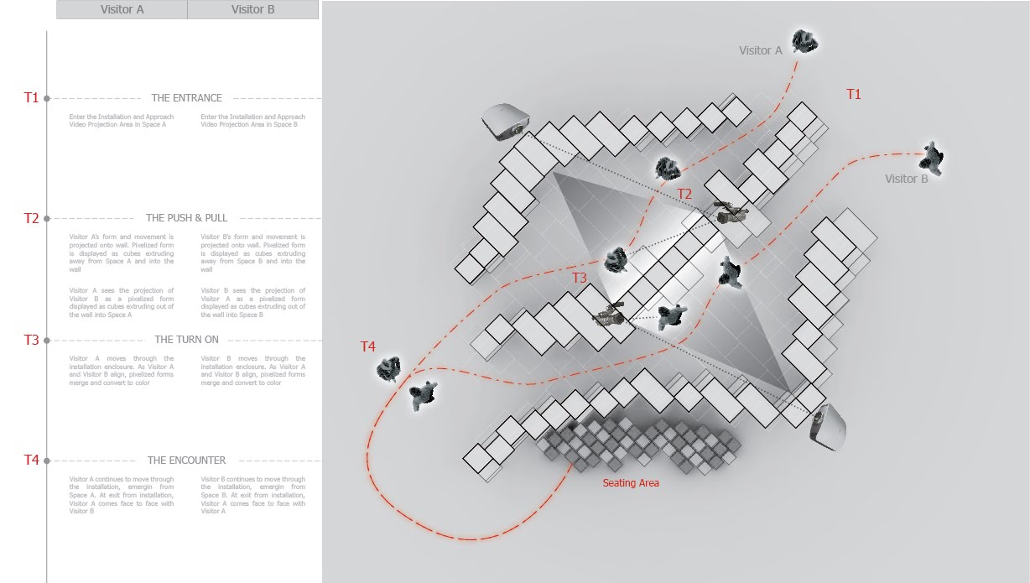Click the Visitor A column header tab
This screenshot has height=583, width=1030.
(122, 10)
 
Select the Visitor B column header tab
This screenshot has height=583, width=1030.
(252, 10)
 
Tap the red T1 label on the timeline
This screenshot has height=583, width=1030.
(31, 97)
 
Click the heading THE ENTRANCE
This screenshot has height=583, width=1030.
(186, 98)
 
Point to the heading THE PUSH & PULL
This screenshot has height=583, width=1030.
(186, 218)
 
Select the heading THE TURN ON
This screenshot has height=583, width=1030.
(186, 340)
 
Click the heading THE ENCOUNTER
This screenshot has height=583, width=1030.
(186, 461)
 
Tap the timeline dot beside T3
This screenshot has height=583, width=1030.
(47, 340)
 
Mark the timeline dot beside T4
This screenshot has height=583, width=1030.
(47, 461)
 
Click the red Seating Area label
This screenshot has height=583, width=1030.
(631, 483)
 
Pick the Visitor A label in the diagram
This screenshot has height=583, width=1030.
(760, 50)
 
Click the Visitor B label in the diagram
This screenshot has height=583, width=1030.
(906, 179)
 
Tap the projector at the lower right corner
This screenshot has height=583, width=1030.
(828, 426)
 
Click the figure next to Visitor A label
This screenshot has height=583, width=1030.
(804, 40)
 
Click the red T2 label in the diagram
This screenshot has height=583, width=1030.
(684, 195)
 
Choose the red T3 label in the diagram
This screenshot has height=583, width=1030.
(580, 278)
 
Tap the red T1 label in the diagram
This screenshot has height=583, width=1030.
(853, 94)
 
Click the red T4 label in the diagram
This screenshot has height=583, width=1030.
(367, 346)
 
